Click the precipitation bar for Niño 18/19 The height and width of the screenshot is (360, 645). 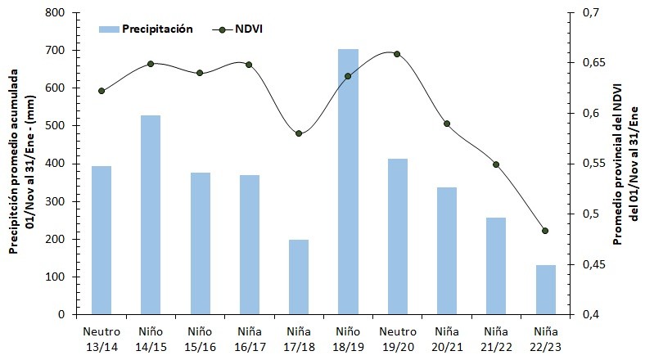pos(348,182)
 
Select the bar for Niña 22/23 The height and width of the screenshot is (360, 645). pos(545,290)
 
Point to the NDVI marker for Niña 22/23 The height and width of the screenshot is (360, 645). pos(545,231)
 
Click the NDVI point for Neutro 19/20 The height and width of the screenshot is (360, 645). pos(397,54)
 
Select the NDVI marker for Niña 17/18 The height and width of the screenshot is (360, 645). pos(299,133)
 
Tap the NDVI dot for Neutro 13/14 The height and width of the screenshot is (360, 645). pos(101,91)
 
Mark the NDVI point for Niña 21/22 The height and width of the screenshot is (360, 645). pos(496,164)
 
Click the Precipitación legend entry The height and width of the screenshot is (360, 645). pos(146,29)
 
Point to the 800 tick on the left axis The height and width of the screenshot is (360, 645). pos(57,13)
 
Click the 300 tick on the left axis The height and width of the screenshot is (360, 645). pos(57,201)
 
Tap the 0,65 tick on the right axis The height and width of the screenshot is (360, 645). pos(590,63)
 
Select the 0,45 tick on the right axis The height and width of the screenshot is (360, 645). pos(590,264)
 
